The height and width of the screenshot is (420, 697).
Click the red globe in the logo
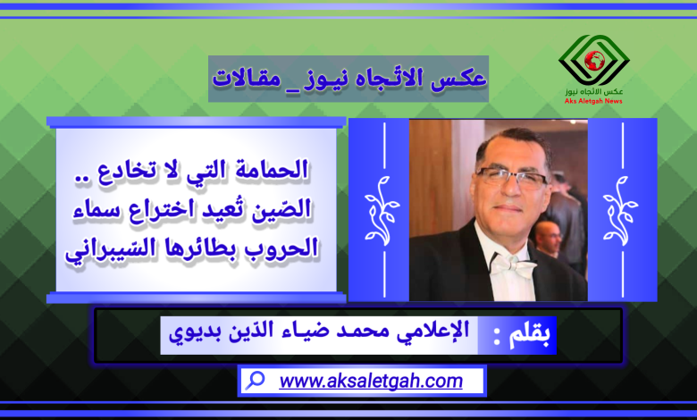coord(595,61)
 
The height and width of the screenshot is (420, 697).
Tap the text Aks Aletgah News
coord(593,101)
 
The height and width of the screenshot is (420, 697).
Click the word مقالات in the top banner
coord(247,79)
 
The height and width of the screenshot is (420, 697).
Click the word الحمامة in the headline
coord(272,170)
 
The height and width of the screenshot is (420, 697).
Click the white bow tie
coord(514,265)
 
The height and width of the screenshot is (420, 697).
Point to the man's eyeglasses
coord(512,177)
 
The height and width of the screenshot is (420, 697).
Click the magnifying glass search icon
coord(256,381)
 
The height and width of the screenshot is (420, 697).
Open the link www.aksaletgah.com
coord(371,382)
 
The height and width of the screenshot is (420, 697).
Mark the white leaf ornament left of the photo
coord(382,211)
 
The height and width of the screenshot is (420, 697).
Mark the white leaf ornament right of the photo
coord(620,211)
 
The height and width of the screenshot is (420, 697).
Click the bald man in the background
coord(548,238)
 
